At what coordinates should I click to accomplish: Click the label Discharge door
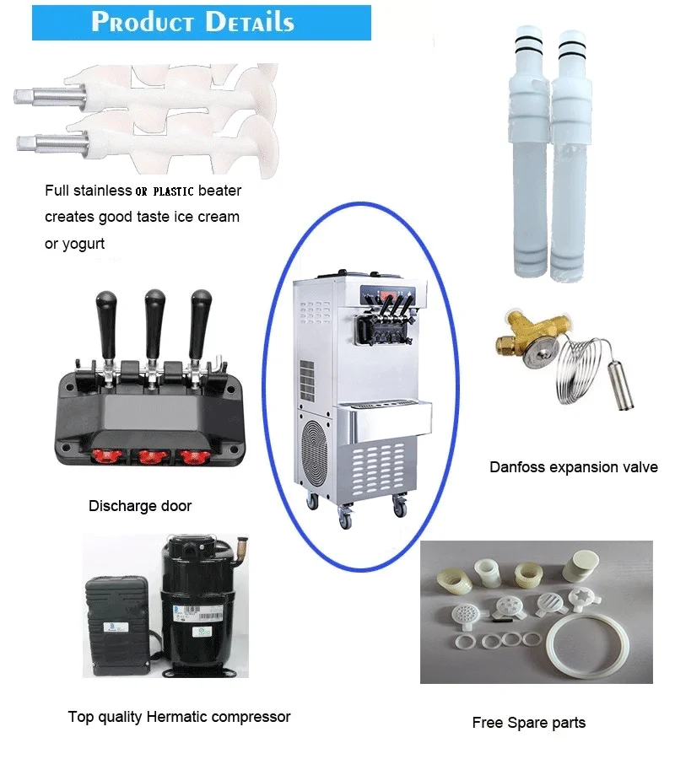pyautogui.click(x=140, y=507)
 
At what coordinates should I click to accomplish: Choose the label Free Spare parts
pyautogui.click(x=528, y=723)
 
